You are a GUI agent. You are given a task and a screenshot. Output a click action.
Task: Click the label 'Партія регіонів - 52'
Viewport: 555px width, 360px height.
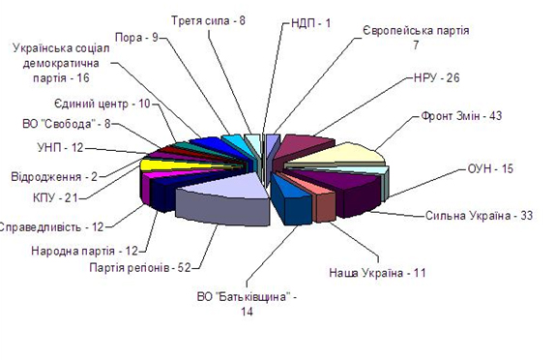(140, 267)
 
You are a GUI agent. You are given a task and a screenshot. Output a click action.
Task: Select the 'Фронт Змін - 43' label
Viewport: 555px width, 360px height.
(461, 116)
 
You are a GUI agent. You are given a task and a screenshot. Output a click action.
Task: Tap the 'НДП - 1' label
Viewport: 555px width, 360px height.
(310, 23)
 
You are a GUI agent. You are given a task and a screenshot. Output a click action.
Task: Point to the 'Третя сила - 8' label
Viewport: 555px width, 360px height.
(208, 20)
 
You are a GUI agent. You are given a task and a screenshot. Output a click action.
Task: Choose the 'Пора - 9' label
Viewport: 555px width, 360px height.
(136, 37)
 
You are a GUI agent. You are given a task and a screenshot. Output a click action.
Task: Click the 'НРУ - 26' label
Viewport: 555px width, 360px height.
(436, 78)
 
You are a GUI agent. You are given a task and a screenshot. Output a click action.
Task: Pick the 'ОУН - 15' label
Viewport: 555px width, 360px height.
(490, 168)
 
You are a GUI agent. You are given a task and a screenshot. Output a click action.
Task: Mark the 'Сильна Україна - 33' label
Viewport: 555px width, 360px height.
(479, 216)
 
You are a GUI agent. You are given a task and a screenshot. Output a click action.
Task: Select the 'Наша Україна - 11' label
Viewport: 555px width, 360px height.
(377, 273)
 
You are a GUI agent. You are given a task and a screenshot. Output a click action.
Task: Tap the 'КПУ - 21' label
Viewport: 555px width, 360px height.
(55, 197)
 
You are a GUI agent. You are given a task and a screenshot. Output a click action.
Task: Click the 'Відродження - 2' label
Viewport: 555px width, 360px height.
(54, 176)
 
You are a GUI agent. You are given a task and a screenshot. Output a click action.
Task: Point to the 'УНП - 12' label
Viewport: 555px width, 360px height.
(60, 147)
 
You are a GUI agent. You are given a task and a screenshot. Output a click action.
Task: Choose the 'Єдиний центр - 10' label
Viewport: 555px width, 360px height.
(102, 104)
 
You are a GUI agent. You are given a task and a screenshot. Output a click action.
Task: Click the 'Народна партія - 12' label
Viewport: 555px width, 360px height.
(84, 251)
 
